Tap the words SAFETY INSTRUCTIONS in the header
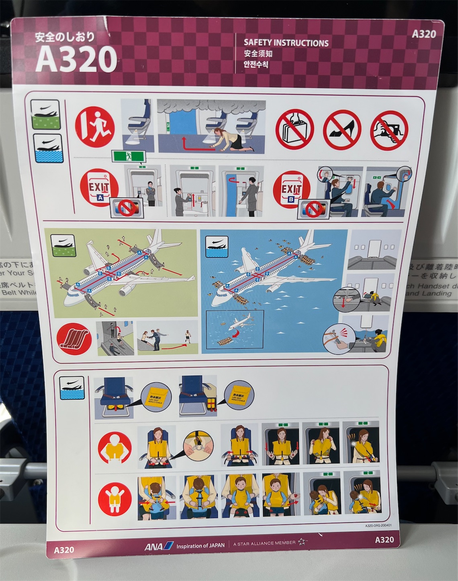pyautogui.click(x=286, y=43)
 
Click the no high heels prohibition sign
pyautogui.click(x=342, y=130)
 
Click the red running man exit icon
pyautogui.click(x=96, y=126)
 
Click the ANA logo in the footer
pyautogui.click(x=159, y=546)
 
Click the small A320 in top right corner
pyautogui.click(x=423, y=34)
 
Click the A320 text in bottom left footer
pyautogui.click(x=64, y=549)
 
